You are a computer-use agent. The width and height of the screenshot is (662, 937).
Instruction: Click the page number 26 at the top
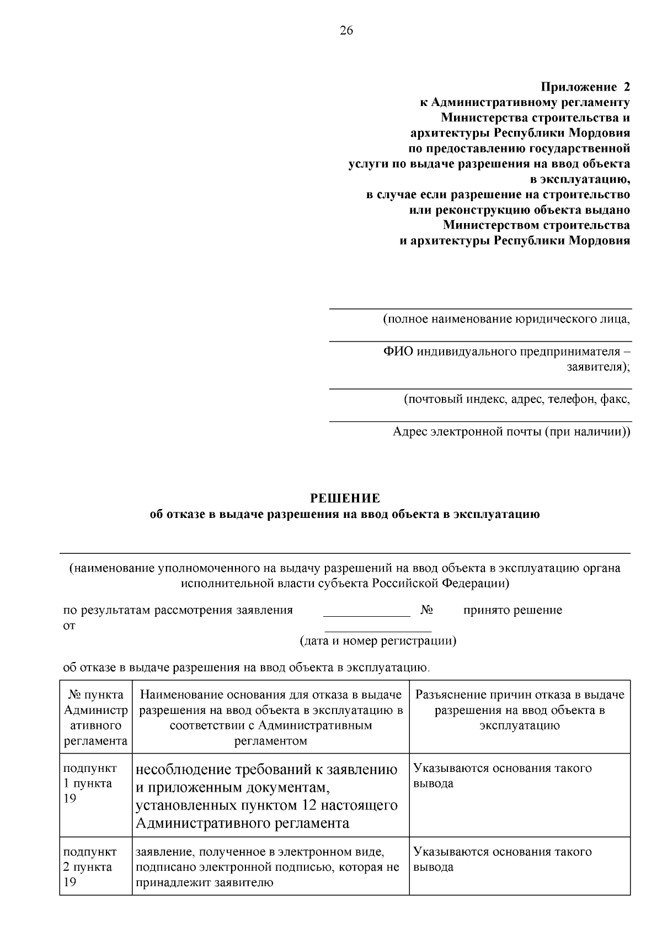point(346,30)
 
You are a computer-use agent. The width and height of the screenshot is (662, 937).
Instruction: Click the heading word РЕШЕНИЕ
point(345,499)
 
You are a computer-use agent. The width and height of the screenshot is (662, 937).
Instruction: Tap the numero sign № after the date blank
point(426,610)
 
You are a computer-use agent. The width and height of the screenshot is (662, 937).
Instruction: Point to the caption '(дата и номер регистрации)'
point(378,641)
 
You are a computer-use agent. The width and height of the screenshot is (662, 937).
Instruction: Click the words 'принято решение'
point(512,610)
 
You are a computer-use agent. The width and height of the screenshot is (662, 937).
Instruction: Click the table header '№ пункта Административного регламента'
point(95,717)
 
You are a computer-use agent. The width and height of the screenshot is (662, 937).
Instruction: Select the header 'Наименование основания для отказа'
point(270,717)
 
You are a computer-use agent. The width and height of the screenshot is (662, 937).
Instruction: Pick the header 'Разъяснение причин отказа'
point(519,710)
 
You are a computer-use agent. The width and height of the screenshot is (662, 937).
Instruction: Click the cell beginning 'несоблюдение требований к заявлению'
point(267,796)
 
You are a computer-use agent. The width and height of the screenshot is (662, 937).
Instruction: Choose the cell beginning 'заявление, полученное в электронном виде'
point(267,867)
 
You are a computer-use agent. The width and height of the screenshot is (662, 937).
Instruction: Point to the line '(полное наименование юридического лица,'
point(506,319)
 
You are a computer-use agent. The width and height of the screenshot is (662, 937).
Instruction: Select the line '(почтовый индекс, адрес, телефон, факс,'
point(516,399)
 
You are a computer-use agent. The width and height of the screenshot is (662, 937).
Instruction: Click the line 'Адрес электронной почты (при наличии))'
point(511,431)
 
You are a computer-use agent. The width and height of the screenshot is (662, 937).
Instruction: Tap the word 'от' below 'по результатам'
point(70,626)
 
